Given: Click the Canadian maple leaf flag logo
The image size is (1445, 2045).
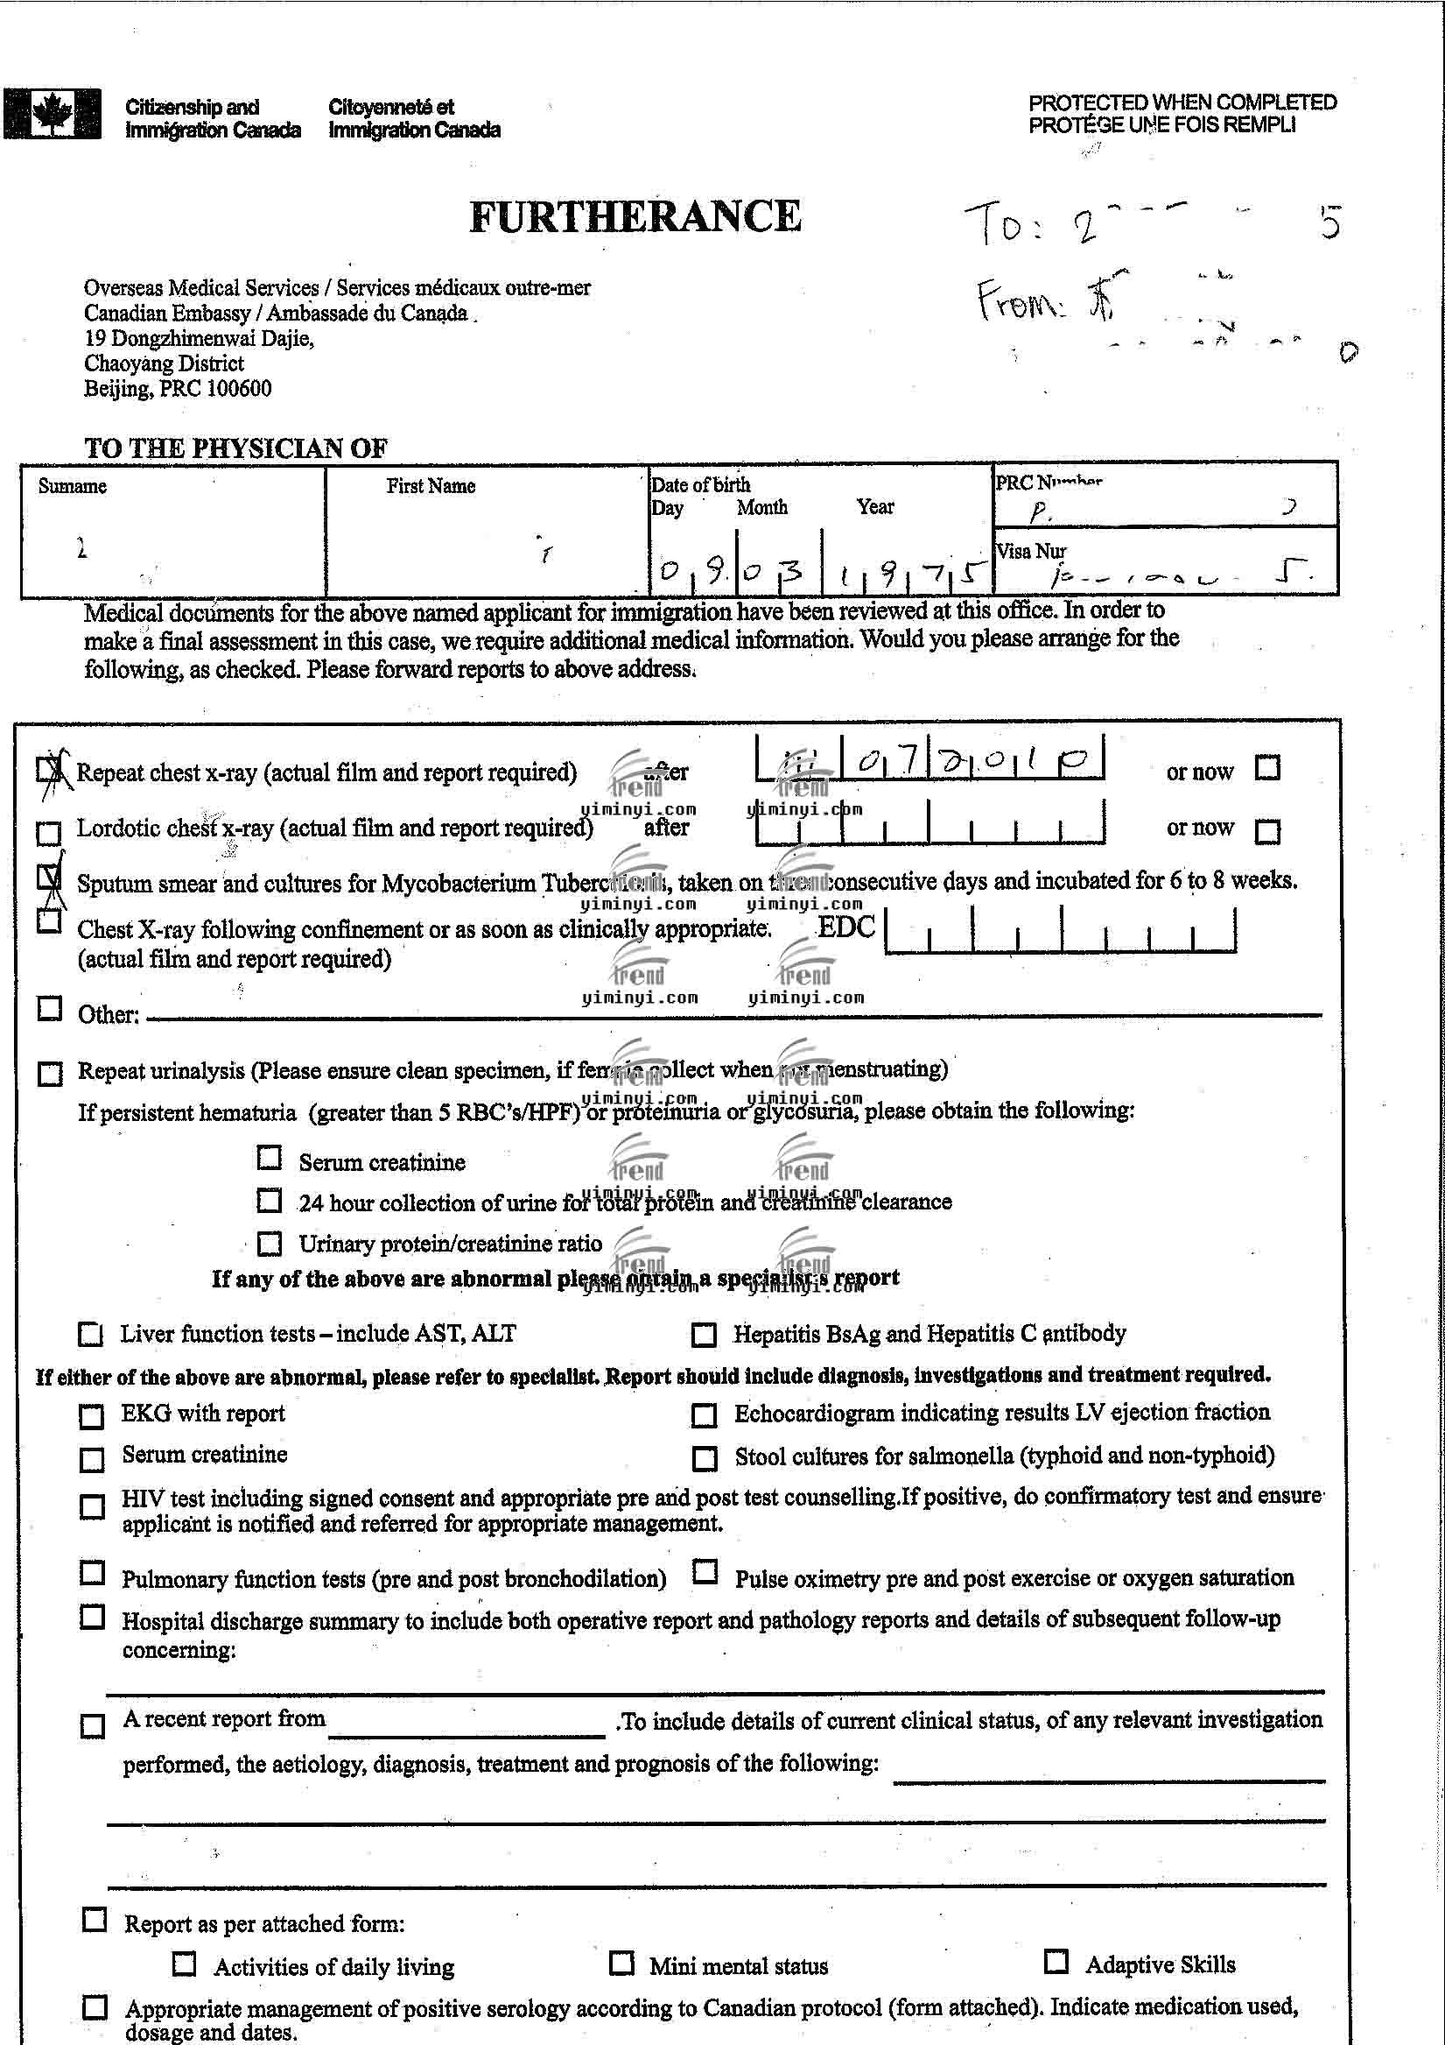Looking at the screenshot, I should [x=52, y=114].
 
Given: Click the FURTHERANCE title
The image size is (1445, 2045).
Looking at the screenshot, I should [x=635, y=216].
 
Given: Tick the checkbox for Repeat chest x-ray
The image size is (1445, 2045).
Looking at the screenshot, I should [x=50, y=769].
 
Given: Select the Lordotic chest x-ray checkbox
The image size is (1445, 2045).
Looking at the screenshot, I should [x=49, y=833].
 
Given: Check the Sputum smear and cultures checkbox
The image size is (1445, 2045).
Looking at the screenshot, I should [x=49, y=878].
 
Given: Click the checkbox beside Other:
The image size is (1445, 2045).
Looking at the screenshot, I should [x=50, y=1009].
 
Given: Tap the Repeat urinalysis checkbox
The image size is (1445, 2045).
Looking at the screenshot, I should [x=50, y=1073].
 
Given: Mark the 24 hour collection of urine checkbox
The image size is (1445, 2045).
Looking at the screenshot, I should [x=269, y=1201].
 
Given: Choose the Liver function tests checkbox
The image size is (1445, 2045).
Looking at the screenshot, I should [x=91, y=1334].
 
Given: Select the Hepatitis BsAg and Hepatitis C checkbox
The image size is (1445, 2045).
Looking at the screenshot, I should [x=704, y=1334].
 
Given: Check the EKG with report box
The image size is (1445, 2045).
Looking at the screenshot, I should [x=92, y=1415].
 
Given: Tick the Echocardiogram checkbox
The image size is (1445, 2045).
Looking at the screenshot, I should [x=704, y=1414].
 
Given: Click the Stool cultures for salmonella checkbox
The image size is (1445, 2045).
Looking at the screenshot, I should [x=705, y=1458].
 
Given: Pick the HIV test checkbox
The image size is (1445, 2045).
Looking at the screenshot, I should [x=92, y=1506].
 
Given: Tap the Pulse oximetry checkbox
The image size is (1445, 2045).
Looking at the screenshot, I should [x=705, y=1572].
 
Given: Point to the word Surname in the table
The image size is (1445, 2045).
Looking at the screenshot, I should [x=72, y=486].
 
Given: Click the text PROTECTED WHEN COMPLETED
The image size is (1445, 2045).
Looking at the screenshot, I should [x=1182, y=102].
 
